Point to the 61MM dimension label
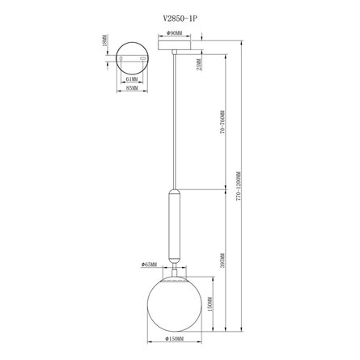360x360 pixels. [131, 79]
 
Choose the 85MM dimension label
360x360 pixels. [131, 88]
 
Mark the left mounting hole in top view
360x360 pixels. [121, 59]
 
